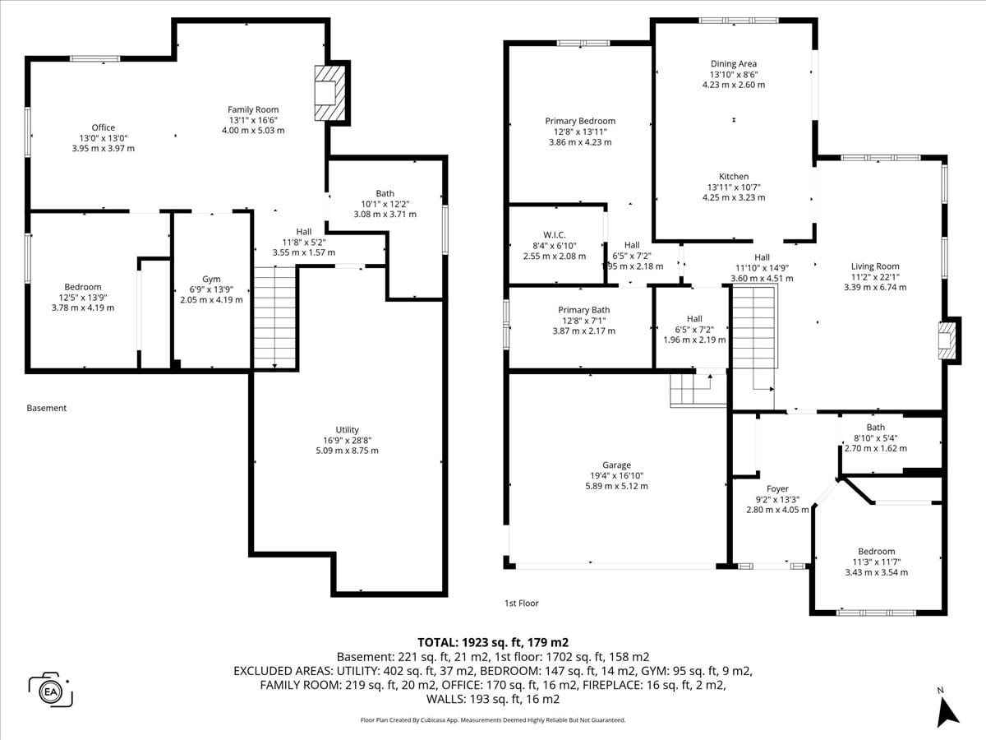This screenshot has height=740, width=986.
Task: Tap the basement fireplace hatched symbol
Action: (330, 93)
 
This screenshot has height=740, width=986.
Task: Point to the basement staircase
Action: (274, 317)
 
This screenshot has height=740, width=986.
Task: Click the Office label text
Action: (104, 127)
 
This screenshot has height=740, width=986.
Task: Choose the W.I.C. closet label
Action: (555, 235)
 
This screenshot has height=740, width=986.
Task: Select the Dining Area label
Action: (734, 64)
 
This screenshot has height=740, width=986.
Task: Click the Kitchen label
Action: (734, 177)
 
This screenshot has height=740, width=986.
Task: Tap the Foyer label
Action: (777, 489)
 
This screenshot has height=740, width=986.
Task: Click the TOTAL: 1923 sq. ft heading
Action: (493, 642)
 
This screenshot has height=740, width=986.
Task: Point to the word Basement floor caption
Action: (46, 408)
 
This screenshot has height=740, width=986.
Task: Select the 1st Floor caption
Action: (521, 603)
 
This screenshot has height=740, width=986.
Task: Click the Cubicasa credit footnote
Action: (493, 720)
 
